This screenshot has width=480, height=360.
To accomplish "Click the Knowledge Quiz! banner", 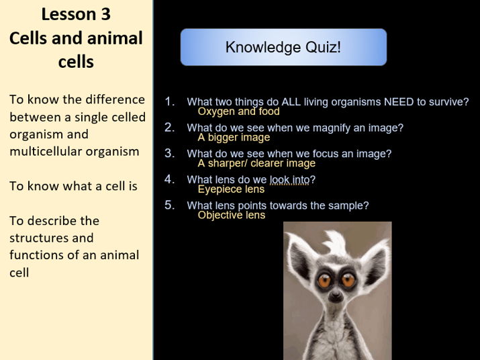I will pyautogui.click(x=283, y=47).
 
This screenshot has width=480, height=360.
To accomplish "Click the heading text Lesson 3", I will pyautogui.click(x=76, y=14).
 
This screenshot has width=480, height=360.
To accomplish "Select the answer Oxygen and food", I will pyautogui.click(x=238, y=111).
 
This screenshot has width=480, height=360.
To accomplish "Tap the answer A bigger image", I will pyautogui.click(x=234, y=138).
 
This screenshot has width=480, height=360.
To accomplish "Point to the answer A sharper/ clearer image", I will pyautogui.click(x=256, y=163).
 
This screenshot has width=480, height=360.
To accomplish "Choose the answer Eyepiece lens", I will pyautogui.click(x=231, y=189).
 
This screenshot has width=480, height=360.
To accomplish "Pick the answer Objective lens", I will pyautogui.click(x=232, y=215).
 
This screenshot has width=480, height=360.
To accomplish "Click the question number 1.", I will pyautogui.click(x=170, y=101).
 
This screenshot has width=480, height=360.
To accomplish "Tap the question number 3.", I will pyautogui.click(x=170, y=153).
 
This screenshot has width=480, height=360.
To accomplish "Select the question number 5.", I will pyautogui.click(x=170, y=205).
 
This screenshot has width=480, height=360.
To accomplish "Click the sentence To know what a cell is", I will pyautogui.click(x=73, y=186).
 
